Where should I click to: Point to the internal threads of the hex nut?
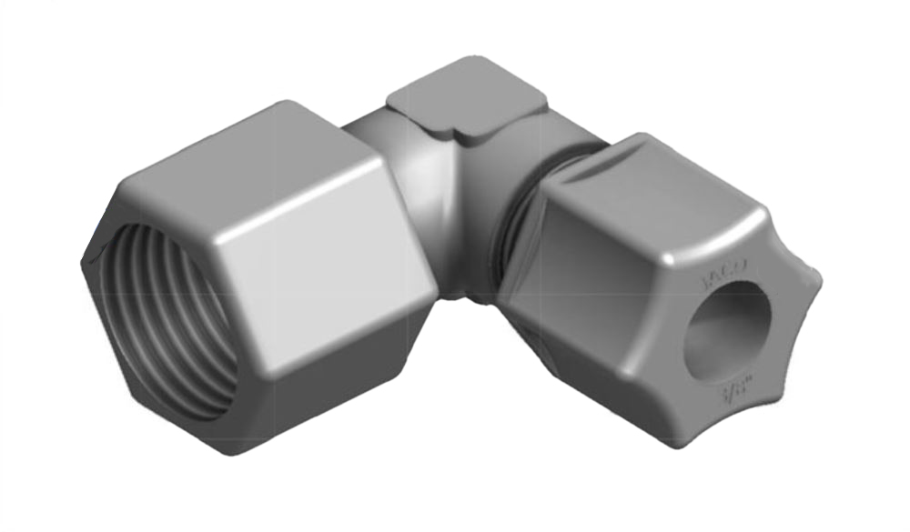tap(164, 318)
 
